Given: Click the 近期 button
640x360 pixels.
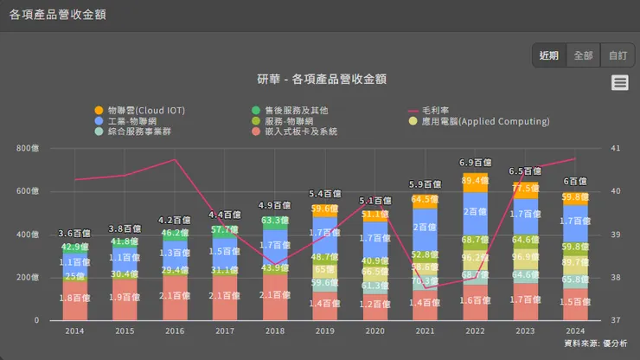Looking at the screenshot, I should (x=549, y=55).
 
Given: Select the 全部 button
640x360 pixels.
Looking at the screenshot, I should (x=583, y=55).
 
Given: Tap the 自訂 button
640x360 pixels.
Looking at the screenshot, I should (x=618, y=55).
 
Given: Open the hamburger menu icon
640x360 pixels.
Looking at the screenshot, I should (x=619, y=82).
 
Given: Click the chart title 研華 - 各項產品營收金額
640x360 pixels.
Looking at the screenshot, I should (x=321, y=79).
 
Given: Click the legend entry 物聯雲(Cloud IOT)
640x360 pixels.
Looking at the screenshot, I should (x=139, y=111).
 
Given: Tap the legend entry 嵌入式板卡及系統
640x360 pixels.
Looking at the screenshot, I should (x=295, y=132).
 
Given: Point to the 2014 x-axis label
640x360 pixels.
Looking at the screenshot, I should (x=74, y=331).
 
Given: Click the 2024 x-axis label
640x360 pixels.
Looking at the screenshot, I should (x=575, y=331).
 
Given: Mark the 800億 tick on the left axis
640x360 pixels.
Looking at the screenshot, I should (x=28, y=148).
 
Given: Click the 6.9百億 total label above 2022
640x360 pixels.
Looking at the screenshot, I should (x=475, y=163).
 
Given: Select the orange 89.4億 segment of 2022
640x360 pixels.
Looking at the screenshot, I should (x=475, y=181).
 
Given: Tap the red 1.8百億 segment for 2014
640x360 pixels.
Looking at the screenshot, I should (x=74, y=299).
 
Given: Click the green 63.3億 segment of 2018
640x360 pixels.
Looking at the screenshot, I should (x=275, y=221).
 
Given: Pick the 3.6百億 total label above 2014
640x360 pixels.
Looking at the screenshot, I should (x=74, y=234).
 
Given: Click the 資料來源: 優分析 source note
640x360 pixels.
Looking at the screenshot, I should (x=595, y=344).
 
